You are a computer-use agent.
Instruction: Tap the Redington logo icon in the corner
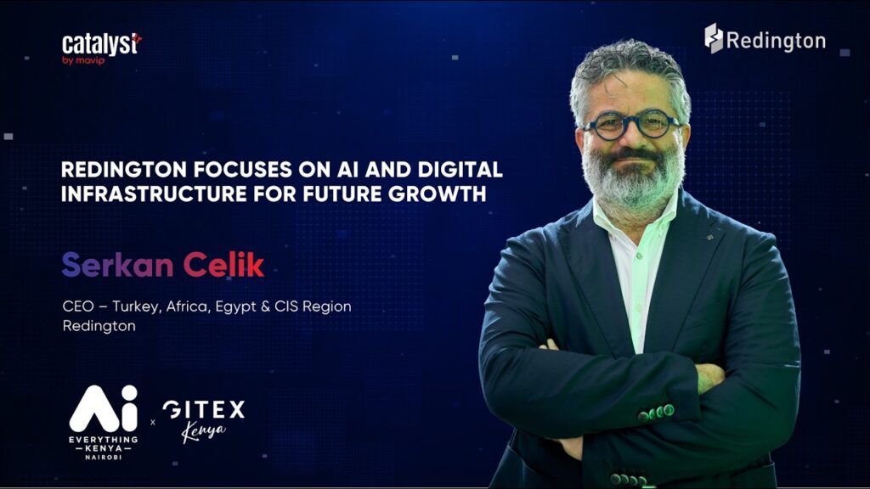(714, 38)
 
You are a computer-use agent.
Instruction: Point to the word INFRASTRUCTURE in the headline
(154, 194)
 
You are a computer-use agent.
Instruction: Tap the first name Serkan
(117, 265)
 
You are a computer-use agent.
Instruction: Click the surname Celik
(223, 265)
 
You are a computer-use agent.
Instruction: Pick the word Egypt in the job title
(235, 307)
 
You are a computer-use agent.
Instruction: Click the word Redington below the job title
(99, 326)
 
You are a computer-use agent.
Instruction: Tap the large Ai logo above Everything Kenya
(103, 408)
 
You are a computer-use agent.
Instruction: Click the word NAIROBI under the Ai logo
(103, 457)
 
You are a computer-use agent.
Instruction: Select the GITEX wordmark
(204, 410)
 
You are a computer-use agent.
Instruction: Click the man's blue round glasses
(631, 126)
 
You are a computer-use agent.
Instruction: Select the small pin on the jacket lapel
(709, 238)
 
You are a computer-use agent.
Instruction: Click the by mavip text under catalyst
(83, 60)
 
